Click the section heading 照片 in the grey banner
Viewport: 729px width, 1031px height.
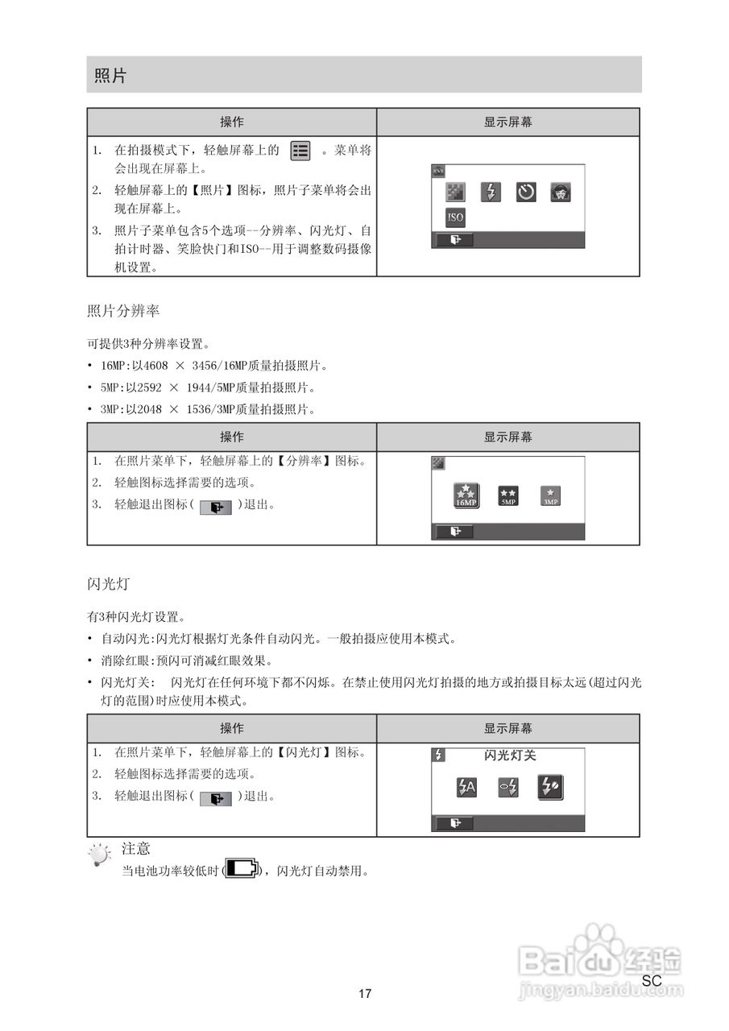pyautogui.click(x=110, y=76)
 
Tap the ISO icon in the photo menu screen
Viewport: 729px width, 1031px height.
pyautogui.click(x=455, y=217)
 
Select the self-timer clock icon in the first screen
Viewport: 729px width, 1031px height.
pyautogui.click(x=526, y=193)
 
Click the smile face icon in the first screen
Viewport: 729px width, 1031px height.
pyautogui.click(x=561, y=193)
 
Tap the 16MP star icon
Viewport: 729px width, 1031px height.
pyautogui.click(x=466, y=495)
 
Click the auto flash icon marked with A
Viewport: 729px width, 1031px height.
pyautogui.click(x=466, y=788)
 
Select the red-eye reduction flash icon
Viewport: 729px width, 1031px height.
pyautogui.click(x=508, y=788)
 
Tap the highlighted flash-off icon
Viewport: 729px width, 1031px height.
pyautogui.click(x=550, y=788)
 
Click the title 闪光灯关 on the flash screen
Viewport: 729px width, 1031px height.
pyautogui.click(x=510, y=756)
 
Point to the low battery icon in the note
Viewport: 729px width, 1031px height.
pyautogui.click(x=242, y=869)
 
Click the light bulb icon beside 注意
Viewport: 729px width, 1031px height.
pyautogui.click(x=99, y=855)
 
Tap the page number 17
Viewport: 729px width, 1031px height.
pyautogui.click(x=365, y=994)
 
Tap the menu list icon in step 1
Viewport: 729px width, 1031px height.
pyautogui.click(x=300, y=151)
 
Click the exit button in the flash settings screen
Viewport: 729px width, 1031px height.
pyautogui.click(x=455, y=823)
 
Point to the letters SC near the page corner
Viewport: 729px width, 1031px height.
pyautogui.click(x=652, y=981)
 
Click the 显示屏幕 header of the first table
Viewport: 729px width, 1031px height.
pyautogui.click(x=507, y=122)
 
